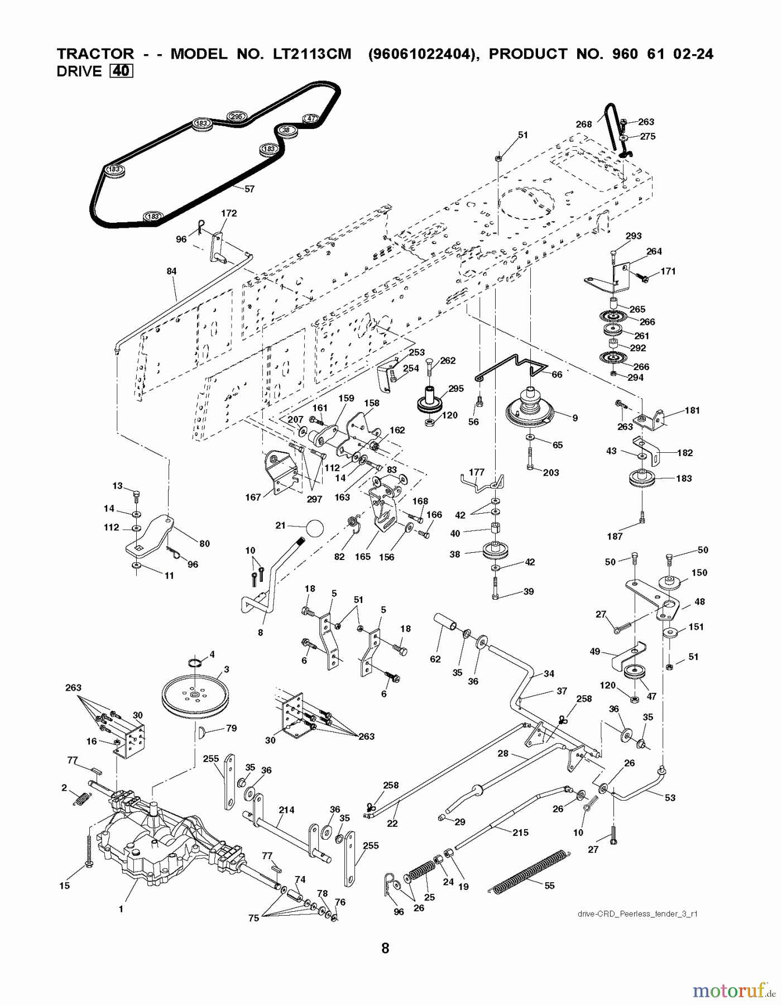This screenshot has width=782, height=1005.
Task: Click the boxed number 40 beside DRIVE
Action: (x=121, y=71)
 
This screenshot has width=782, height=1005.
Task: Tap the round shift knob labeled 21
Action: (x=314, y=528)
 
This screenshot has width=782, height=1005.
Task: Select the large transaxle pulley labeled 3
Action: (x=195, y=695)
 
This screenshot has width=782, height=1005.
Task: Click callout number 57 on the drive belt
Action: (x=249, y=189)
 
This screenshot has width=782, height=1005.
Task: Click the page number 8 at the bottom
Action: (x=385, y=947)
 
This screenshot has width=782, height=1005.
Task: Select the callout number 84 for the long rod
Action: (x=171, y=271)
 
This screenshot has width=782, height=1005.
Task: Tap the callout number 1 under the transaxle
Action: (x=121, y=909)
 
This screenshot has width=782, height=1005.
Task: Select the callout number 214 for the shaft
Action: (x=286, y=810)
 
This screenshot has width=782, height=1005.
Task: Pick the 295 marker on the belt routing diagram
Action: (x=236, y=116)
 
